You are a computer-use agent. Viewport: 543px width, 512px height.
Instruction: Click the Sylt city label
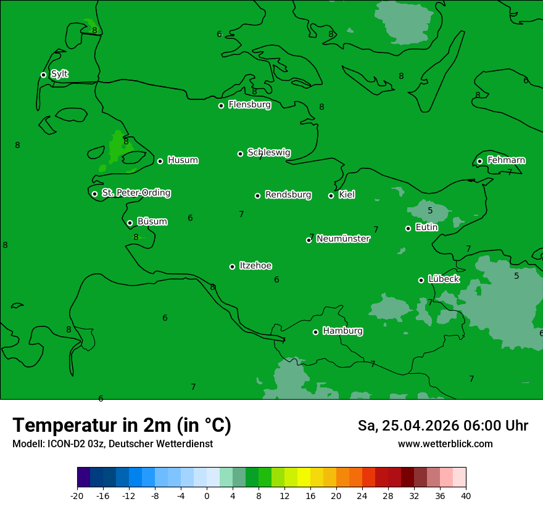(x=59, y=74)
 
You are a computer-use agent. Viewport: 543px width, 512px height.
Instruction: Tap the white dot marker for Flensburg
(x=221, y=105)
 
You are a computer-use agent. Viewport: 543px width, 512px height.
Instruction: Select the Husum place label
(x=183, y=160)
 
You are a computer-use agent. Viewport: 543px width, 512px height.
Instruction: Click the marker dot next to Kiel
(x=331, y=196)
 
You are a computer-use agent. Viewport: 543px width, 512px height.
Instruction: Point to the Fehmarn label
(x=506, y=160)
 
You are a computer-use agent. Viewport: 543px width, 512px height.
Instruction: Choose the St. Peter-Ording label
(x=136, y=193)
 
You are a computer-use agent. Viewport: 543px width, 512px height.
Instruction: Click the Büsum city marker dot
(x=130, y=223)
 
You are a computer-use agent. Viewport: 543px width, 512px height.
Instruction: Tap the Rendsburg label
(x=288, y=195)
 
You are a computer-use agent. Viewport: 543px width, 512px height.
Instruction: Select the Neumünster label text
(x=343, y=239)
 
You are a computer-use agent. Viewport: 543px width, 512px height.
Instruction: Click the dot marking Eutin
(x=408, y=228)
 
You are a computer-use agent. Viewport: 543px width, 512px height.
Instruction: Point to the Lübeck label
(x=444, y=279)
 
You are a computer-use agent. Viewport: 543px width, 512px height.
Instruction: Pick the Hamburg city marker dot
(x=315, y=332)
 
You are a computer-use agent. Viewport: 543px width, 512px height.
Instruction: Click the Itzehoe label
(x=255, y=266)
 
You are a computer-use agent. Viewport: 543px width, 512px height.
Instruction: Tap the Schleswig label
(x=269, y=152)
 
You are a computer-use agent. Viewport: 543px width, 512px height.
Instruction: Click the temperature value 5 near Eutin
(x=430, y=210)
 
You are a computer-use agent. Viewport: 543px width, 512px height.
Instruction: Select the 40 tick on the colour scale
(x=466, y=495)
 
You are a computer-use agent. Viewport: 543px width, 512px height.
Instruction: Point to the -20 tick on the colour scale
(x=77, y=495)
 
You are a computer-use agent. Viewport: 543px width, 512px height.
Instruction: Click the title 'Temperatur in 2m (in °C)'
(x=122, y=426)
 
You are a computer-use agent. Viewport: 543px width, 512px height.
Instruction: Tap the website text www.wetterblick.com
(x=446, y=444)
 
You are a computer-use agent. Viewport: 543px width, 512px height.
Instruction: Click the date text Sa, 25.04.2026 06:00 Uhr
(x=443, y=426)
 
